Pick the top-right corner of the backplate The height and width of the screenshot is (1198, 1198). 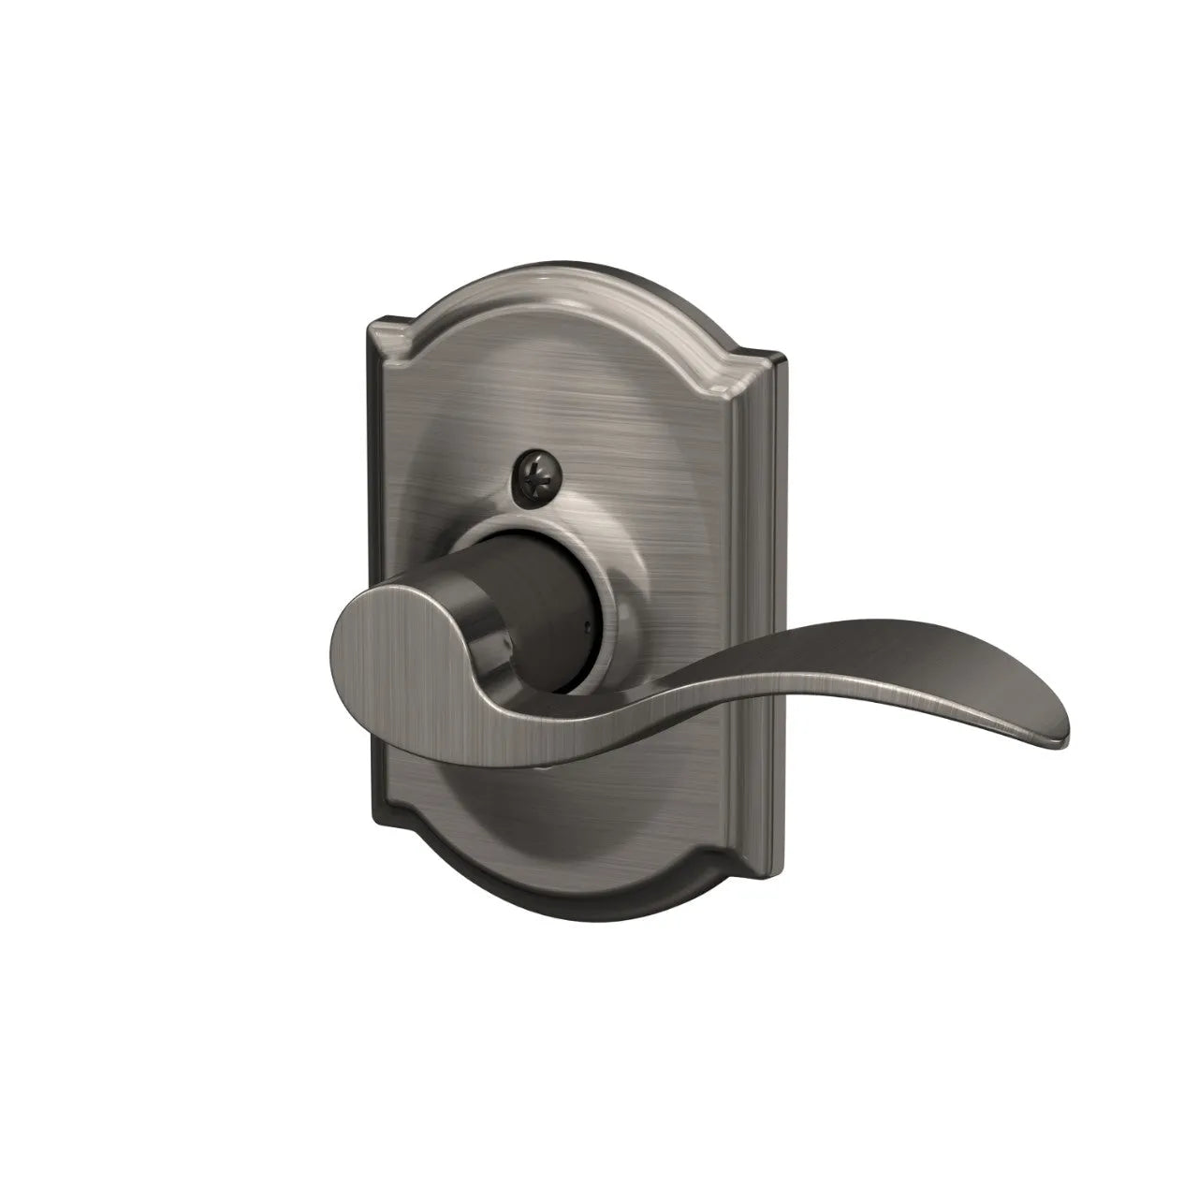click(x=770, y=355)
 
